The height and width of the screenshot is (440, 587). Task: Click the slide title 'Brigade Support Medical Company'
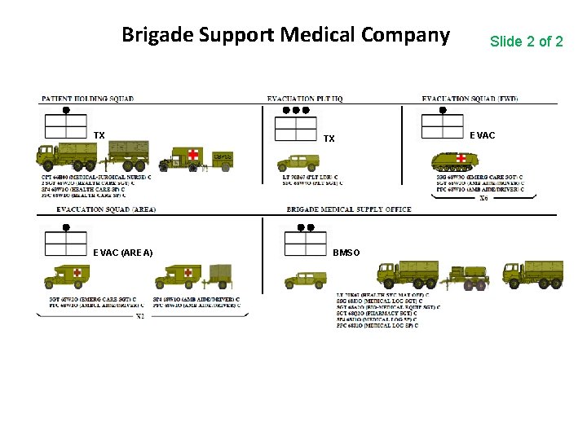[x=285, y=35]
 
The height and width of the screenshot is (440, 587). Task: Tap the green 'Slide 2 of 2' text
[x=526, y=41]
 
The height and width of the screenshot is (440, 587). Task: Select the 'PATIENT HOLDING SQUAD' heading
[x=87, y=99]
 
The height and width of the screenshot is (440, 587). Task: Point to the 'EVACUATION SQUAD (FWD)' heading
[x=470, y=99]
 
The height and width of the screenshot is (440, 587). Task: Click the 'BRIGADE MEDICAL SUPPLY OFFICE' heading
[x=349, y=209]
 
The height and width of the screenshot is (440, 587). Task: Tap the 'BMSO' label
[x=346, y=253]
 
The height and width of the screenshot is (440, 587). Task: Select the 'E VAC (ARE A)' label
[x=123, y=253]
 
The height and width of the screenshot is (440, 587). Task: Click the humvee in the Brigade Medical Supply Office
[x=304, y=279]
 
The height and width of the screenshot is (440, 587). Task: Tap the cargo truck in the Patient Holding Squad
[x=66, y=155]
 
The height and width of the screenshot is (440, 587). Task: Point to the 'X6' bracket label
[x=483, y=198]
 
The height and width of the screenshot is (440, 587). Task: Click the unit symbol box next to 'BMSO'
[x=304, y=244]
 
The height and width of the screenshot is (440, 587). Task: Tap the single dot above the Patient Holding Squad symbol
[x=66, y=109]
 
